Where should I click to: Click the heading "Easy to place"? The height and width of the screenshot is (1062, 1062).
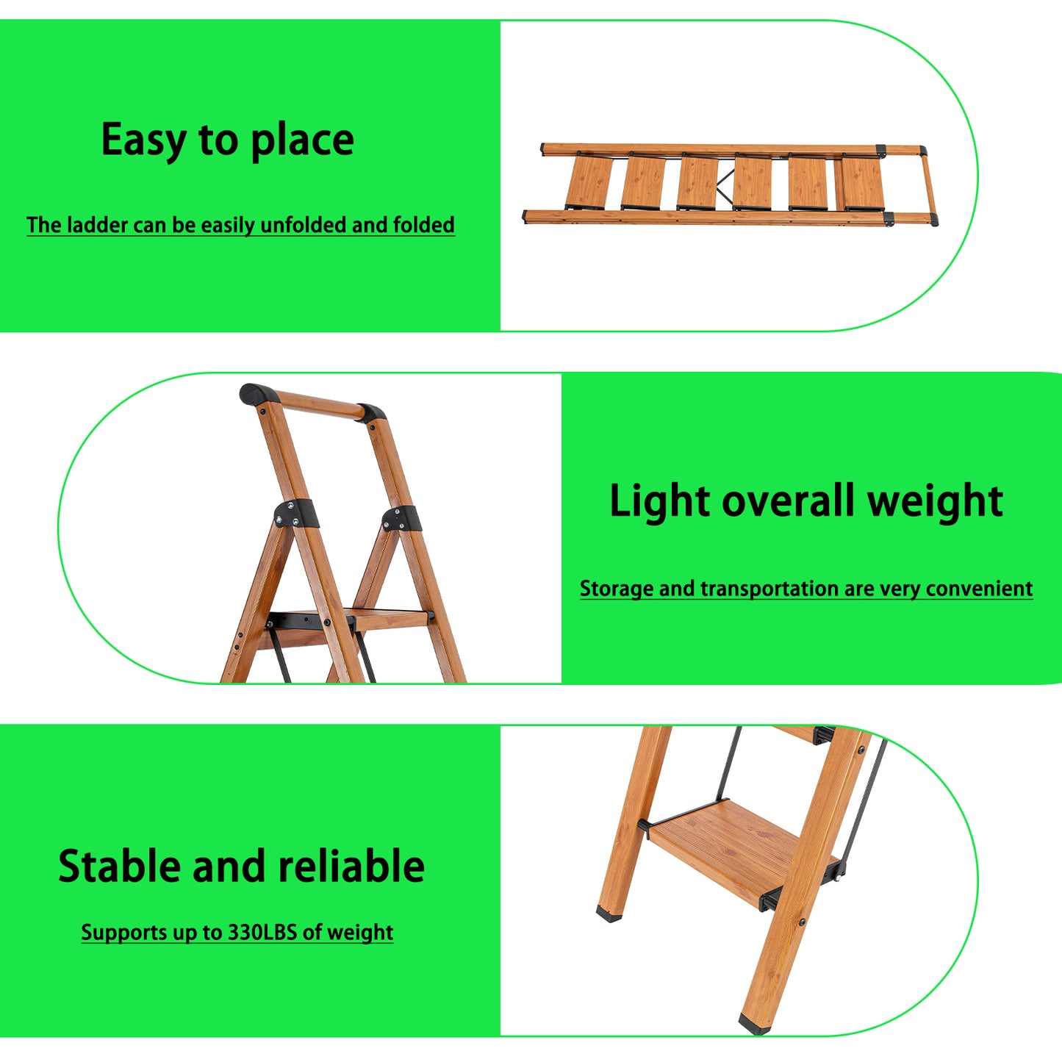227,140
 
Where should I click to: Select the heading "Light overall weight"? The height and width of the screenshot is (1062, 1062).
806,501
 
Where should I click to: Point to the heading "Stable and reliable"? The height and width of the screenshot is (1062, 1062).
241,866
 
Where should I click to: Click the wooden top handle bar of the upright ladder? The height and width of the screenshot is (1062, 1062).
316,404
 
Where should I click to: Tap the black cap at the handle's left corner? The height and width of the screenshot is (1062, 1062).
256,394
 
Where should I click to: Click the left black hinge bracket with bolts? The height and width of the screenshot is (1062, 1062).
295,513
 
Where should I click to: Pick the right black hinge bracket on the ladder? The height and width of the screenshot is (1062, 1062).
401,518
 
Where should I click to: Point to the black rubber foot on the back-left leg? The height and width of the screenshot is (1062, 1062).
609,914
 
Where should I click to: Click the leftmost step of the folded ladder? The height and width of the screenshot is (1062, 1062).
589,182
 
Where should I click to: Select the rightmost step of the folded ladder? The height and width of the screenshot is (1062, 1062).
862,183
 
